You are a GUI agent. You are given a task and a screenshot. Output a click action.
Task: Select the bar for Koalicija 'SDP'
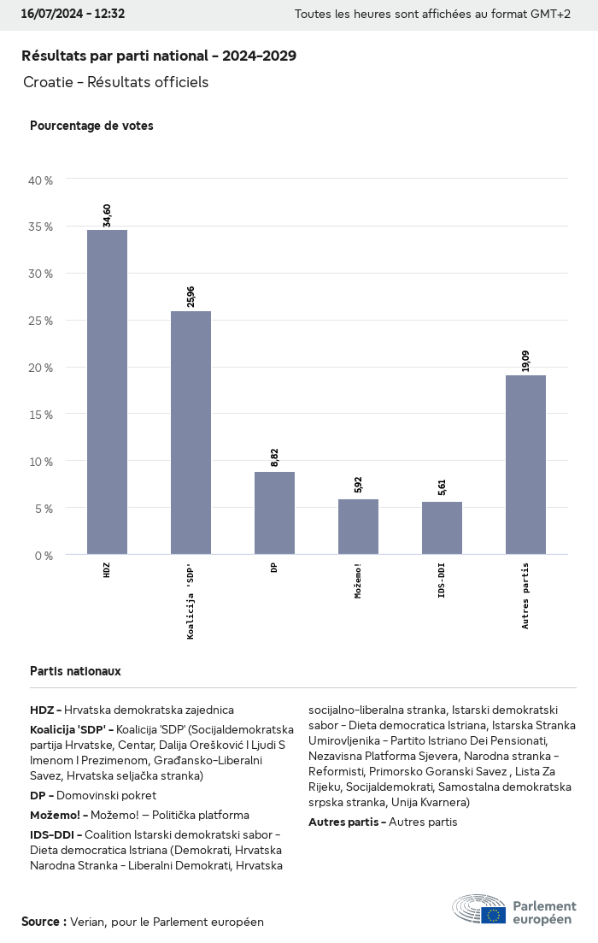tap(191, 433)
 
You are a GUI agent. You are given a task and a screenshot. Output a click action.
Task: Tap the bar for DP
tap(274, 513)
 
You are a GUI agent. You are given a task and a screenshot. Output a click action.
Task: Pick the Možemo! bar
tap(358, 527)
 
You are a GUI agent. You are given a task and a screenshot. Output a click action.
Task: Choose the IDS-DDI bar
tap(442, 528)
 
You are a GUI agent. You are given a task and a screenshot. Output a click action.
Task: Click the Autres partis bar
tap(525, 464)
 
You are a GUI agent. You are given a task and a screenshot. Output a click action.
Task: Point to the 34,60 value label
tap(107, 215)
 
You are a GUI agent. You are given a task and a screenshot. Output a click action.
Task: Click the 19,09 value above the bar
tap(525, 361)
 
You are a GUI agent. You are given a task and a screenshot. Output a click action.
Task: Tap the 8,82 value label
tap(274, 457)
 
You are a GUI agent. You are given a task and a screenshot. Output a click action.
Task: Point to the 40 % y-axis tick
tap(41, 180)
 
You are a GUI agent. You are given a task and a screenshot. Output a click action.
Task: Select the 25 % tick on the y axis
tap(41, 321)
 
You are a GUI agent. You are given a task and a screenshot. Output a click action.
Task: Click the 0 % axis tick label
tap(44, 555)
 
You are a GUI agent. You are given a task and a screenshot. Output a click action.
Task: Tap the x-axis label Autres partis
tap(525, 596)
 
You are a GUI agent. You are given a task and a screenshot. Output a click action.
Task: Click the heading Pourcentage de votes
tap(91, 126)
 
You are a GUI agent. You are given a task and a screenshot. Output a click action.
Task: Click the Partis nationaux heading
tap(75, 671)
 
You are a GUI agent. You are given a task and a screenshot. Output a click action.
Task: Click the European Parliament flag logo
tap(493, 915)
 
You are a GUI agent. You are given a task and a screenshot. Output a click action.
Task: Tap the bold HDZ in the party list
tap(42, 710)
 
